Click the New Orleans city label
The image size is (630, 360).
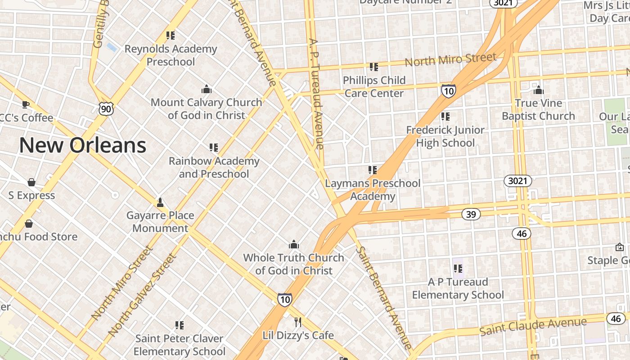tap(83, 145)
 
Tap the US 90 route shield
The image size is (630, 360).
tap(106, 108)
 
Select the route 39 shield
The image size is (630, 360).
tap(471, 214)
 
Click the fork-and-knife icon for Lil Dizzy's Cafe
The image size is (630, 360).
tap(297, 322)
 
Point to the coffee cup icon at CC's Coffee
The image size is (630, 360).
tap(26, 104)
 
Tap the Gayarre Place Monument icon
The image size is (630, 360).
tap(160, 202)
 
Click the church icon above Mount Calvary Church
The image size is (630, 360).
tap(207, 89)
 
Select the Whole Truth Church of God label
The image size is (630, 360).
tap(293, 264)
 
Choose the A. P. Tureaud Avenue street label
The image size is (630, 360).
tap(316, 93)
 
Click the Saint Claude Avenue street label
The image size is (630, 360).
tap(533, 326)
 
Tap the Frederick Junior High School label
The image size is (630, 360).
tap(445, 136)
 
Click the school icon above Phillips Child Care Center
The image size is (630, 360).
tap(373, 67)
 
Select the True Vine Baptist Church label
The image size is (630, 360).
tap(538, 109)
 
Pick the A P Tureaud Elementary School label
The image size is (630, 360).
tap(458, 288)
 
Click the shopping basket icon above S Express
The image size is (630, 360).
tap(31, 182)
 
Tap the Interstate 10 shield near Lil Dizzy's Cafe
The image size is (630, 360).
tap(284, 299)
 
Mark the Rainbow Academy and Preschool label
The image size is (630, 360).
tap(214, 167)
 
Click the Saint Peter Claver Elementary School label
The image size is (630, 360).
tap(179, 345)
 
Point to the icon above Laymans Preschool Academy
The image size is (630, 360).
tap(372, 170)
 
